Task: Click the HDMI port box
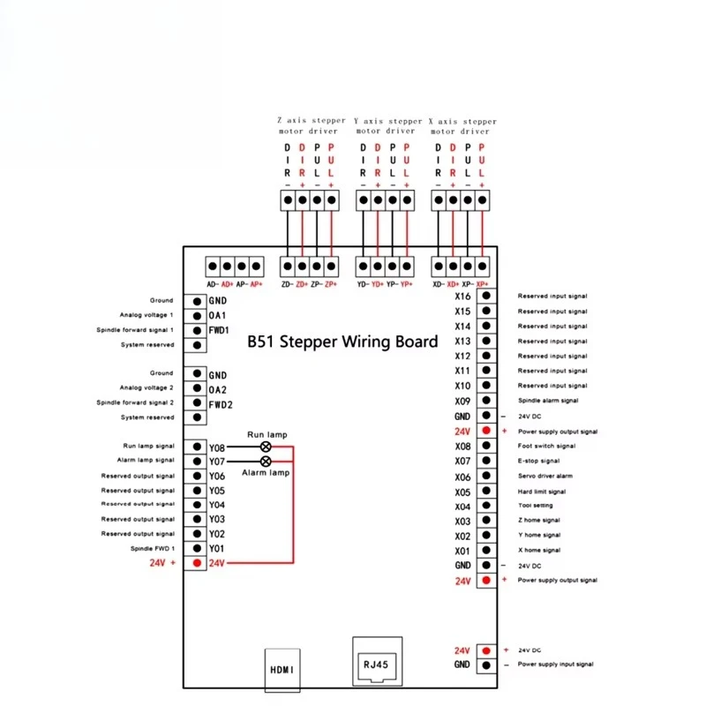coord(282,670)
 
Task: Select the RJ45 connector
coord(378,661)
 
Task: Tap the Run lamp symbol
coord(266,447)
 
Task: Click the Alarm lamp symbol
coord(266,461)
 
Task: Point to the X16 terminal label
coord(462,297)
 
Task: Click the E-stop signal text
coord(538,461)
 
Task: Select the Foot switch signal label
coord(546,446)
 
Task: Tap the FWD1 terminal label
coord(219,330)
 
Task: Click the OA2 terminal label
coord(217,390)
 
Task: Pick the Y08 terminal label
coord(216,448)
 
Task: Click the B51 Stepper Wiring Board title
coord(342,342)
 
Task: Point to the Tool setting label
coord(536,505)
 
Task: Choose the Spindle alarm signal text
coord(548,401)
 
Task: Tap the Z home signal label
coord(539,520)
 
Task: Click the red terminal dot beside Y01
coord(197,563)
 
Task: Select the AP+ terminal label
coord(256,284)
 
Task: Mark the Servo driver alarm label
coord(545,476)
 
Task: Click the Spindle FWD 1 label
coord(152,548)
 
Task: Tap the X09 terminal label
coord(462,402)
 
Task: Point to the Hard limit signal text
coord(542,492)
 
